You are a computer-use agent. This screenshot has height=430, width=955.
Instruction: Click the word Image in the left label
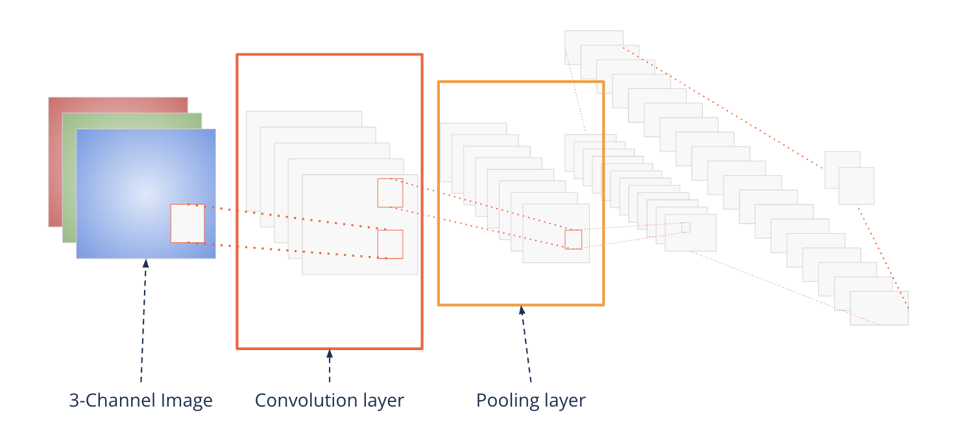(189, 400)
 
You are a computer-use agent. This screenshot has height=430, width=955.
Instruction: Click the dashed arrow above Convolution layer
(330, 367)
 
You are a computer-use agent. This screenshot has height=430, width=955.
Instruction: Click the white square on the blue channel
(187, 223)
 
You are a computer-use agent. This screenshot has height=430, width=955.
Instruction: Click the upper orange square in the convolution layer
(390, 193)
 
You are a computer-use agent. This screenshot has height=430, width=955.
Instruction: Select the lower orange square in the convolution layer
(390, 244)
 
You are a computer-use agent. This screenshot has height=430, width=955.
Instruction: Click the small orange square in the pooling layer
(573, 240)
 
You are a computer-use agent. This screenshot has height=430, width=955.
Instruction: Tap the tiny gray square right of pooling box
(686, 227)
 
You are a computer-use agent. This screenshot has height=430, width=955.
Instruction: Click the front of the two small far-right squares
(856, 186)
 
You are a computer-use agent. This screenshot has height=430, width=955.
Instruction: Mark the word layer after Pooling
(561, 400)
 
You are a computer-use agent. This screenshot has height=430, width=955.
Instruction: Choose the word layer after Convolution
(379, 400)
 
